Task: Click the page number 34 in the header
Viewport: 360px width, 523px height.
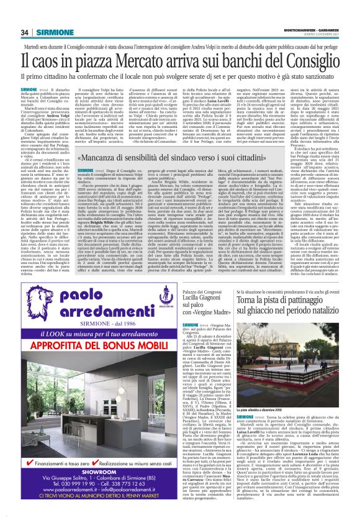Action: pyautogui.click(x=25, y=32)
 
